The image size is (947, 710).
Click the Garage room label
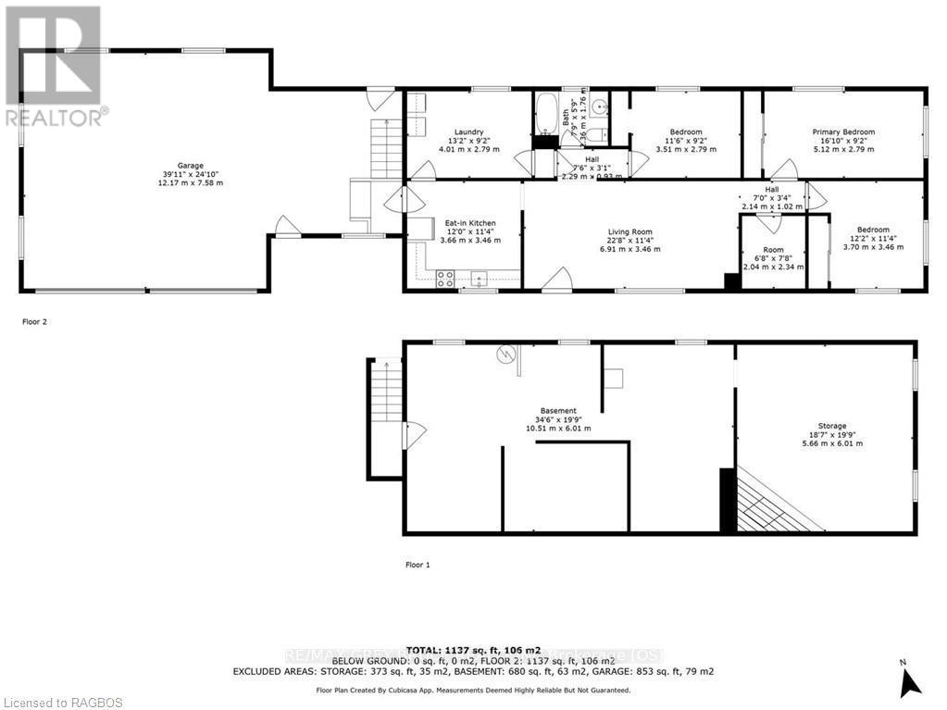(x=192, y=166)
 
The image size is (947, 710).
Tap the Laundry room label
(x=468, y=131)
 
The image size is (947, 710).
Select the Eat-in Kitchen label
(x=470, y=223)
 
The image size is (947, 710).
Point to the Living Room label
(x=629, y=232)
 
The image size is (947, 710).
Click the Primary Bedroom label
(x=843, y=131)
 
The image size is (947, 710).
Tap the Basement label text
(x=559, y=411)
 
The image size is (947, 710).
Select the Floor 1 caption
(x=418, y=564)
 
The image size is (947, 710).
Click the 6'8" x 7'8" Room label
(x=773, y=250)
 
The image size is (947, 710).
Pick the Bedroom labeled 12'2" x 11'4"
(x=872, y=230)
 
